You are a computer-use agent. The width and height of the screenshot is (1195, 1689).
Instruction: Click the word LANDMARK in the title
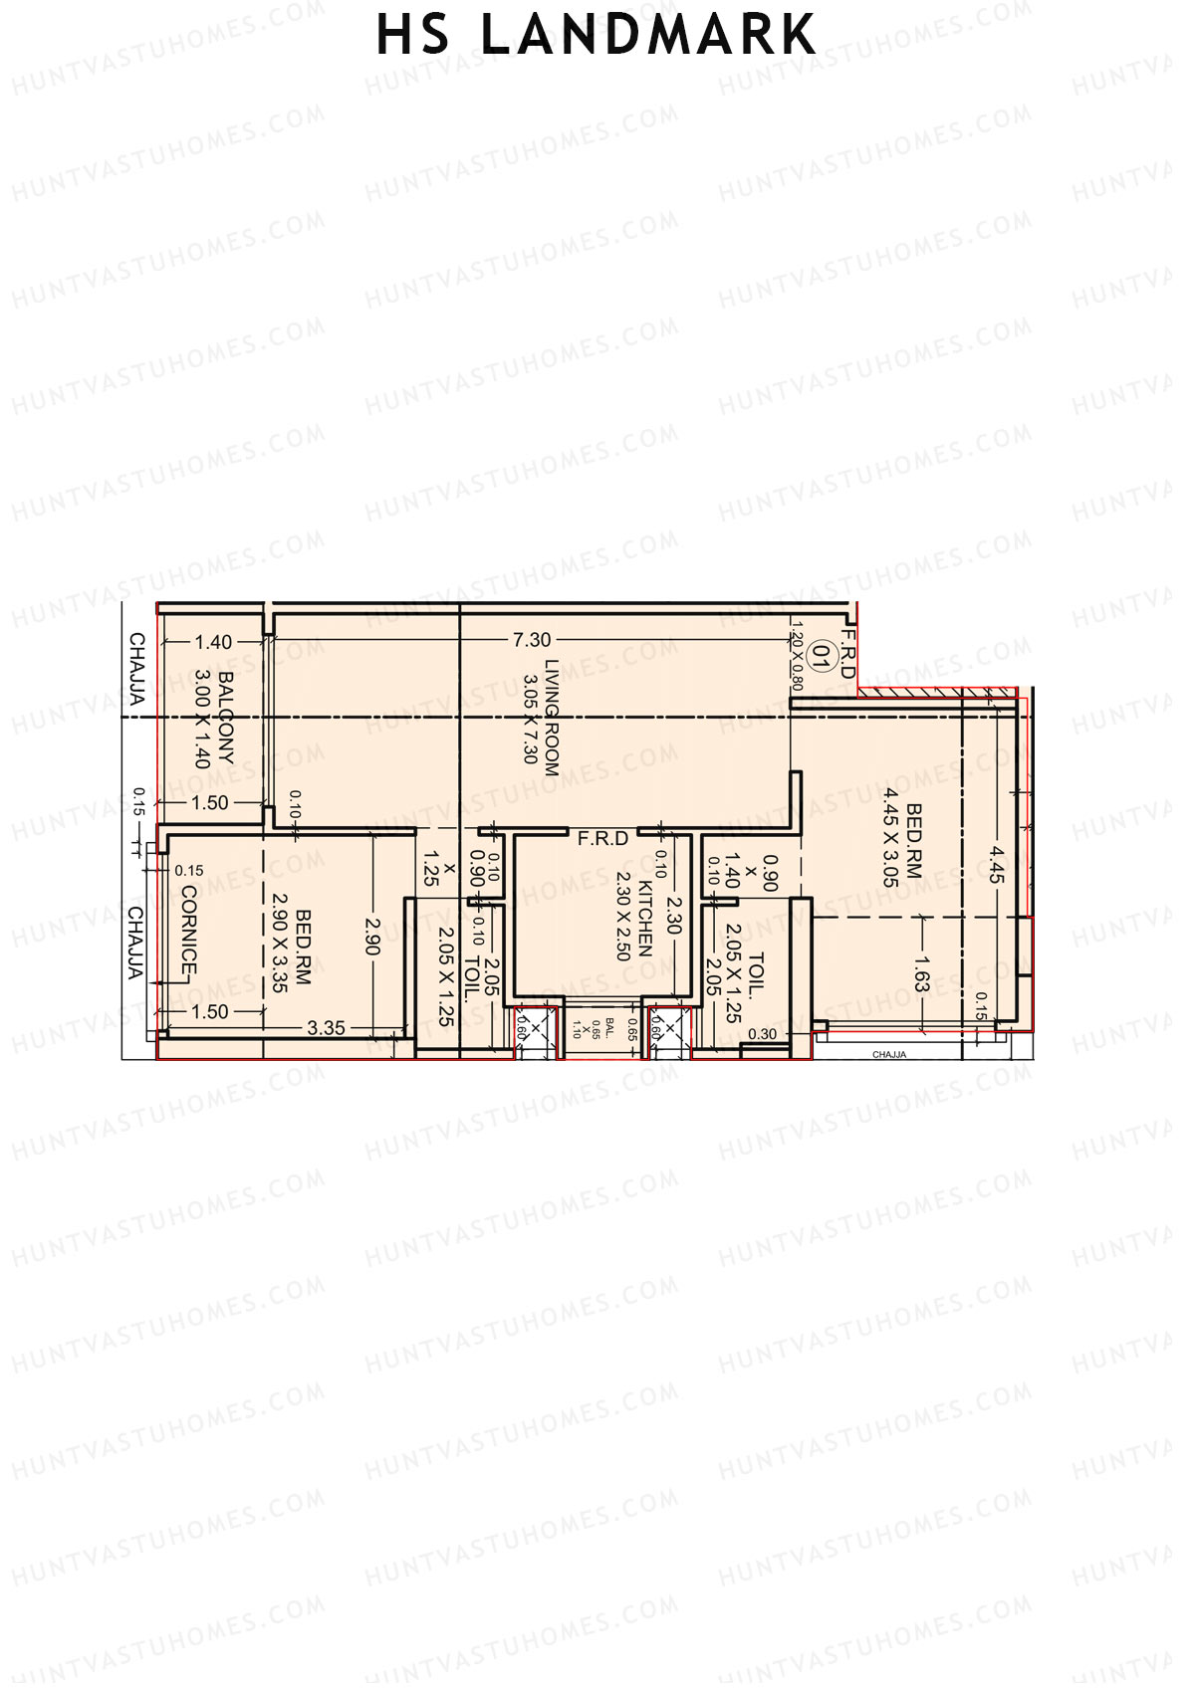point(649,36)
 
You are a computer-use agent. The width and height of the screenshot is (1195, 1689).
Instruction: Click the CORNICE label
point(188,931)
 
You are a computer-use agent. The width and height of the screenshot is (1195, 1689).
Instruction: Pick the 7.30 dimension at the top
point(532,640)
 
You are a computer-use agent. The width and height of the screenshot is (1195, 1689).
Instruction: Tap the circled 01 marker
point(823,657)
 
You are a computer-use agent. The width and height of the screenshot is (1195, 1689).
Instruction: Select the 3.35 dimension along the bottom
point(327,1027)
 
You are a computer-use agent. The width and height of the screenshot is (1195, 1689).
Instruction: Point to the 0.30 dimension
point(762,1034)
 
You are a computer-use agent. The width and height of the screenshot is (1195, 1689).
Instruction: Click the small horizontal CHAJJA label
point(889,1054)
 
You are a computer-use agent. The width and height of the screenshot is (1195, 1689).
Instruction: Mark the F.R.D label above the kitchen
point(603,839)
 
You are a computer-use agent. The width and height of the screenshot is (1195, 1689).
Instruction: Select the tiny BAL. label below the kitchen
point(610,1027)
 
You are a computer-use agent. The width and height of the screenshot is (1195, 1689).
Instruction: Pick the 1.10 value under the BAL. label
point(577,1029)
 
